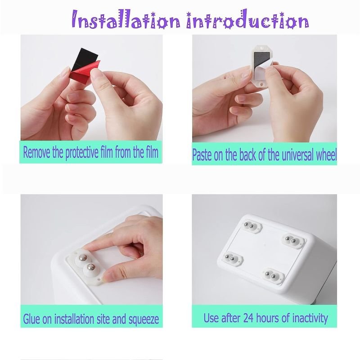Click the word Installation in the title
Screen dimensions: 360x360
pyautogui.click(x=126, y=20)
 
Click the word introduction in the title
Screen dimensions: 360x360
pyautogui.click(x=247, y=19)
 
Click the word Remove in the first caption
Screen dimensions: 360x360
pyautogui.click(x=36, y=152)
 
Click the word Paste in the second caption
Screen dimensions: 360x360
pyautogui.click(x=201, y=155)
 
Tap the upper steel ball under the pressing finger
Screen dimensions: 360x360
pyautogui.click(x=83, y=258)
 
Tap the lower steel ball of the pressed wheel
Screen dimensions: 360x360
pyautogui.click(x=90, y=267)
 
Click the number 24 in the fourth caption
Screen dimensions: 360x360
pyautogui.click(x=248, y=318)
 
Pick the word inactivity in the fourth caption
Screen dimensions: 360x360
pyautogui.click(x=310, y=319)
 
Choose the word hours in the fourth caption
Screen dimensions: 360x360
pyautogui.click(x=268, y=318)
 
